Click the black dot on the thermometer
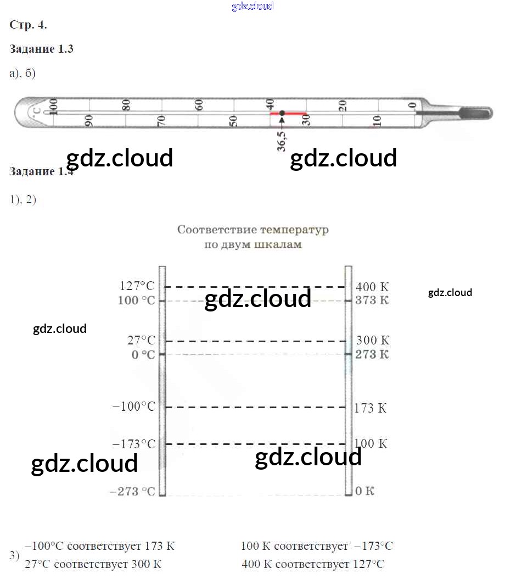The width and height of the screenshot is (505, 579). [282, 113]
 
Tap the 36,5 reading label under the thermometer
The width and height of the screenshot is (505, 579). [282, 140]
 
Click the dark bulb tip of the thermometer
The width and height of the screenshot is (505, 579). [475, 113]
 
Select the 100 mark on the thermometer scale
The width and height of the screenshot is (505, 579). [53, 107]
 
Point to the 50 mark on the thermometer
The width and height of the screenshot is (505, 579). [233, 121]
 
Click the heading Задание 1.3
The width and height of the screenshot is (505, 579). [42, 49]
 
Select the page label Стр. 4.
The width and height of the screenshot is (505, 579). [29, 25]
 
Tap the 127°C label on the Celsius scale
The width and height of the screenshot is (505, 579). [137, 286]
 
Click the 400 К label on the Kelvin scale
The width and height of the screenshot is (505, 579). [372, 287]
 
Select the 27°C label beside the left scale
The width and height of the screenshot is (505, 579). [141, 341]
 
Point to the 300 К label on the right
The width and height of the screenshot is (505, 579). [373, 341]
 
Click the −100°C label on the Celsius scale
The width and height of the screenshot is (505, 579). [133, 407]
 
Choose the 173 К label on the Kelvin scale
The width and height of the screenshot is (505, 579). [371, 408]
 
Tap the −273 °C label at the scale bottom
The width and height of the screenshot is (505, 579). [133, 491]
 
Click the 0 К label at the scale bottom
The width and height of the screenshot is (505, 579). [364, 491]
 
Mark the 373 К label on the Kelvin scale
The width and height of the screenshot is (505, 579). [372, 300]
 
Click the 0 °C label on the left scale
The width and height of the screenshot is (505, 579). [143, 354]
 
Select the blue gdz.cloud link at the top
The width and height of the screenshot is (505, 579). [252, 7]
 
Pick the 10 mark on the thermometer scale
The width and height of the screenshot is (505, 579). [377, 121]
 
